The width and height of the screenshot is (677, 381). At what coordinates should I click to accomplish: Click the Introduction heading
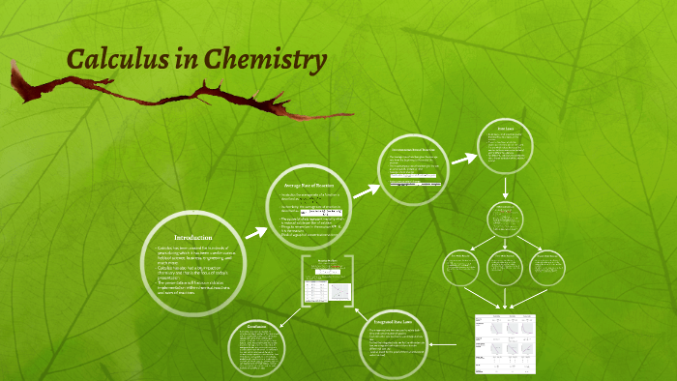click(x=192, y=238)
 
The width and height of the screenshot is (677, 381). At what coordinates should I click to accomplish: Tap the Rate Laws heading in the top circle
click(x=504, y=129)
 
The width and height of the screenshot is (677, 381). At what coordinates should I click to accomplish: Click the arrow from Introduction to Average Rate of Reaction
click(x=256, y=232)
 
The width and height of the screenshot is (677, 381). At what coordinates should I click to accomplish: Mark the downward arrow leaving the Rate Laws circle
click(x=504, y=189)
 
